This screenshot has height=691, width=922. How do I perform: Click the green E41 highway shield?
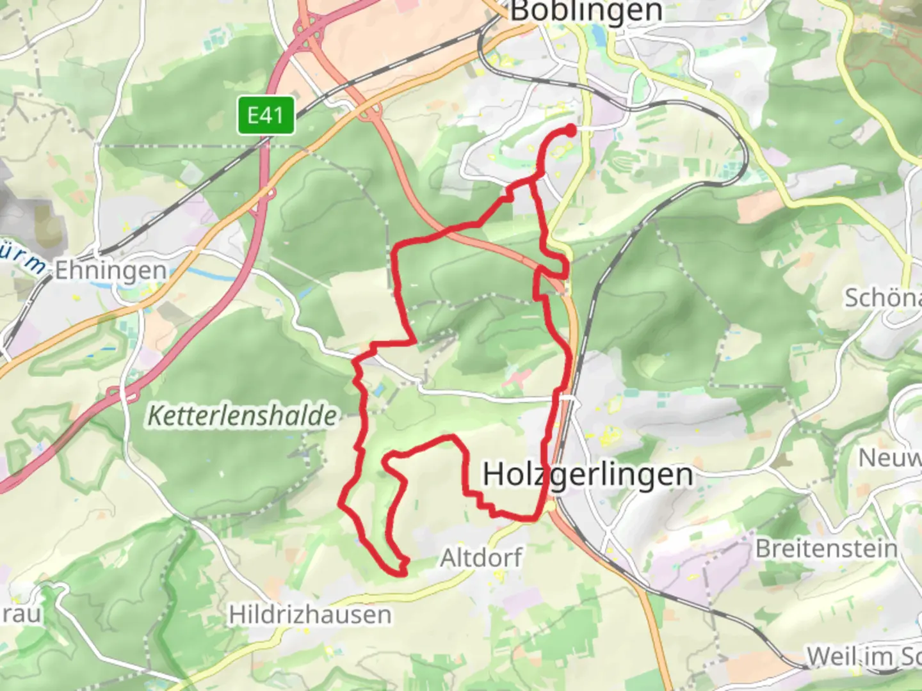[266, 116]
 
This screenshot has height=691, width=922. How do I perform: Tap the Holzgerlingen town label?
[588, 475]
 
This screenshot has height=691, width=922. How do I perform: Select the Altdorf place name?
[481, 557]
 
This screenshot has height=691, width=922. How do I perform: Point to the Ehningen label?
[110, 270]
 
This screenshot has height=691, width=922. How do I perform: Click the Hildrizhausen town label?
[310, 615]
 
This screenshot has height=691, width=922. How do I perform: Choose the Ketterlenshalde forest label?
[242, 416]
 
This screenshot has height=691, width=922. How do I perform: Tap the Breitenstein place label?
[826, 548]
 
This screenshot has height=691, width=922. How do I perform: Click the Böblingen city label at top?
[585, 12]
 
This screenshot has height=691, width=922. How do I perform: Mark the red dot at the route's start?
[570, 130]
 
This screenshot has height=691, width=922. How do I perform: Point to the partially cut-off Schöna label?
[882, 298]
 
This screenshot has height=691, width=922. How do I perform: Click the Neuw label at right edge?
[889, 458]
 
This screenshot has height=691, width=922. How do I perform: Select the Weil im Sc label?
[863, 656]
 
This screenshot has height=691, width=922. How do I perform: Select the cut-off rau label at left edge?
[20, 614]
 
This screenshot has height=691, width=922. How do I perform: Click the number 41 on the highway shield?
[273, 116]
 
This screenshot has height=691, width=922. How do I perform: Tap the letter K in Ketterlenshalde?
[154, 416]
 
